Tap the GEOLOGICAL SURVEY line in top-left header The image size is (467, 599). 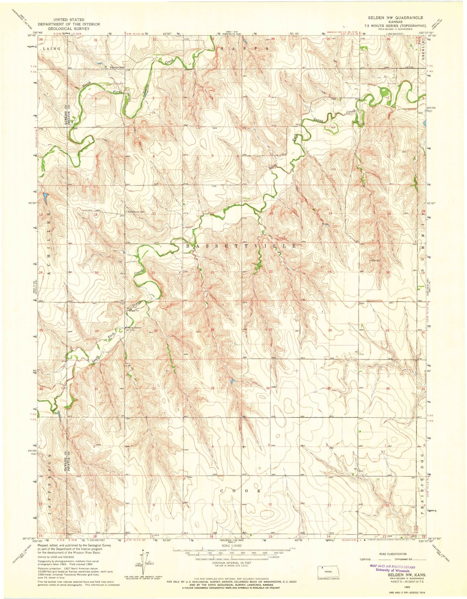69,28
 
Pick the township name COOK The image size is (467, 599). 240,491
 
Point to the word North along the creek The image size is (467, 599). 87,85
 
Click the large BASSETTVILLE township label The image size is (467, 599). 241,246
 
